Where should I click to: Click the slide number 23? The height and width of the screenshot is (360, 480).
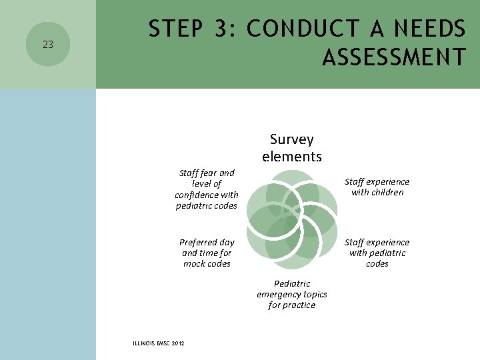point(47,45)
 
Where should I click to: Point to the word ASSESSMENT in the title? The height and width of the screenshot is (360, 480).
point(393,58)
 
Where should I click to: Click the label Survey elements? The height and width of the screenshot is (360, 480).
point(292,148)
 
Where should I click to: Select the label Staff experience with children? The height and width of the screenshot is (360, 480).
point(377,187)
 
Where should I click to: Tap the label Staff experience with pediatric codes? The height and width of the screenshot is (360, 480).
point(377,253)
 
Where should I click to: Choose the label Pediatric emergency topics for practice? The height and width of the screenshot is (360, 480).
point(292,294)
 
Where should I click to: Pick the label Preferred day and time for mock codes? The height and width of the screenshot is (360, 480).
point(207,253)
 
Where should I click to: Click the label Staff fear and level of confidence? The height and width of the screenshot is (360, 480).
point(207,189)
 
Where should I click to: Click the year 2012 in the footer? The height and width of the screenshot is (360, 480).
point(177,343)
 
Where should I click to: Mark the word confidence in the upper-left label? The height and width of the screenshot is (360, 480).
point(198,195)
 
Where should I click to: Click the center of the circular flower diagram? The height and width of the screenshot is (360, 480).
point(292,215)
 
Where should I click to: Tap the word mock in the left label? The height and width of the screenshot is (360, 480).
point(195,263)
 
